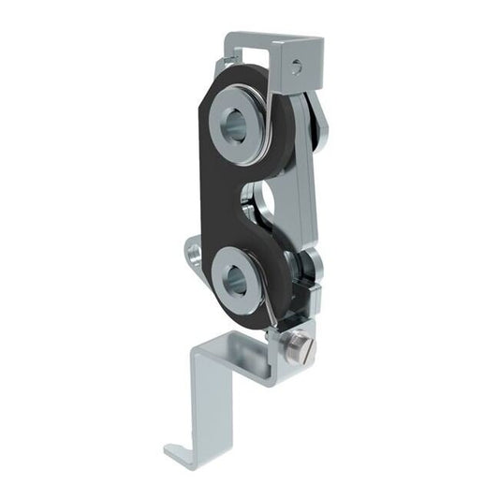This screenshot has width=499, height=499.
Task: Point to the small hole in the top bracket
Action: [297, 66]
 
